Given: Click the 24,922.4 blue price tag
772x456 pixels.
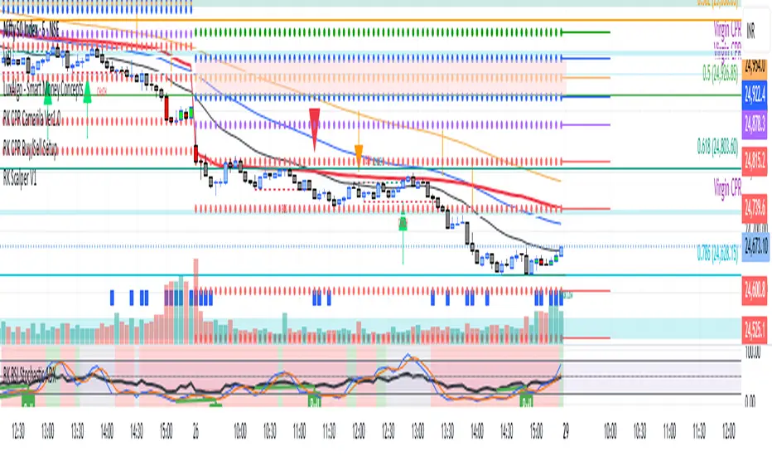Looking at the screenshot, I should pyautogui.click(x=755, y=97).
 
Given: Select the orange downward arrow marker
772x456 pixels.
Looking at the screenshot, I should pyautogui.click(x=359, y=154).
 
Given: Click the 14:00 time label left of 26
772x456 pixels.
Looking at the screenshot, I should pyautogui.click(x=107, y=431).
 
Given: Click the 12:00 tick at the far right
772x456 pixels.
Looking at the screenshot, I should pyautogui.click(x=729, y=431).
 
